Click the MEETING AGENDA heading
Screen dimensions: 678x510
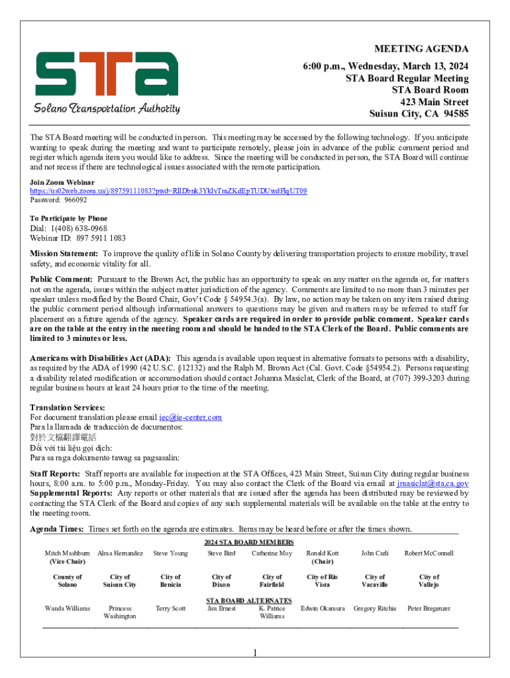[x=421, y=49]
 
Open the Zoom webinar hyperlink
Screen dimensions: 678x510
[x=168, y=191]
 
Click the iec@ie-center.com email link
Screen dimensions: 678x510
[x=191, y=417]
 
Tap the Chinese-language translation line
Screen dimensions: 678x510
[x=63, y=437]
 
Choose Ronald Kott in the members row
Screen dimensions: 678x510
[x=323, y=553]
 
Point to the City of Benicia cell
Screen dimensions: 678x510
[x=170, y=581]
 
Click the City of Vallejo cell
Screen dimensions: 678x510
[x=429, y=581]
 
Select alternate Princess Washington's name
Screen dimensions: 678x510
[x=120, y=612]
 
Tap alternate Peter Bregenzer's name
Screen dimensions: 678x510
[x=429, y=608]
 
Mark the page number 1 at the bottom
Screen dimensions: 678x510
[x=254, y=654]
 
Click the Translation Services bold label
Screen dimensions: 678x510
[x=68, y=407]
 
